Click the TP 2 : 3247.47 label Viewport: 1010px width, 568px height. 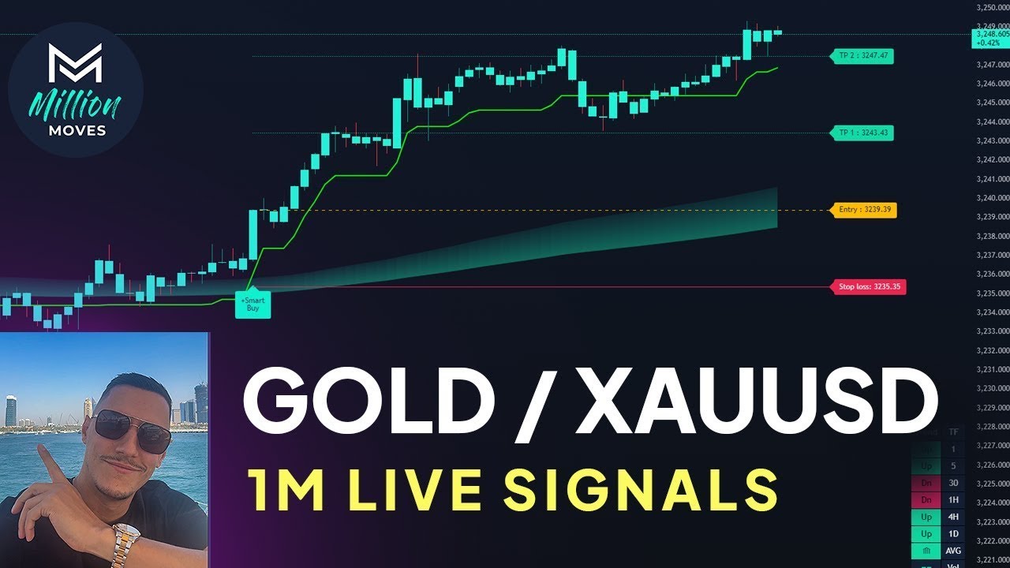click(x=862, y=56)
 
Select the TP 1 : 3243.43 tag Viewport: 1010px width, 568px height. click(x=862, y=133)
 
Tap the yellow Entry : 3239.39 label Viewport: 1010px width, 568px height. click(x=862, y=210)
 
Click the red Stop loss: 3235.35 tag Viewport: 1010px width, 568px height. click(x=867, y=287)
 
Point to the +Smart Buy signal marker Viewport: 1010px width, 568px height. click(x=253, y=305)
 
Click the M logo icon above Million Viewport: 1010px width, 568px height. click(x=75, y=63)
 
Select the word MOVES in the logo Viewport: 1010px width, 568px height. click(x=76, y=130)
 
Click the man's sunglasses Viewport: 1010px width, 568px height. click(x=132, y=429)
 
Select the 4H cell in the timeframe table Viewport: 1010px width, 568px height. click(x=953, y=516)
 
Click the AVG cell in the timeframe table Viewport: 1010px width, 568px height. click(x=953, y=550)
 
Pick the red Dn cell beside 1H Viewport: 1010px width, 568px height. click(x=926, y=499)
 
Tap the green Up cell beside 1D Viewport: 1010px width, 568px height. click(x=926, y=533)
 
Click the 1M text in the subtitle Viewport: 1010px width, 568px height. click(x=288, y=488)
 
